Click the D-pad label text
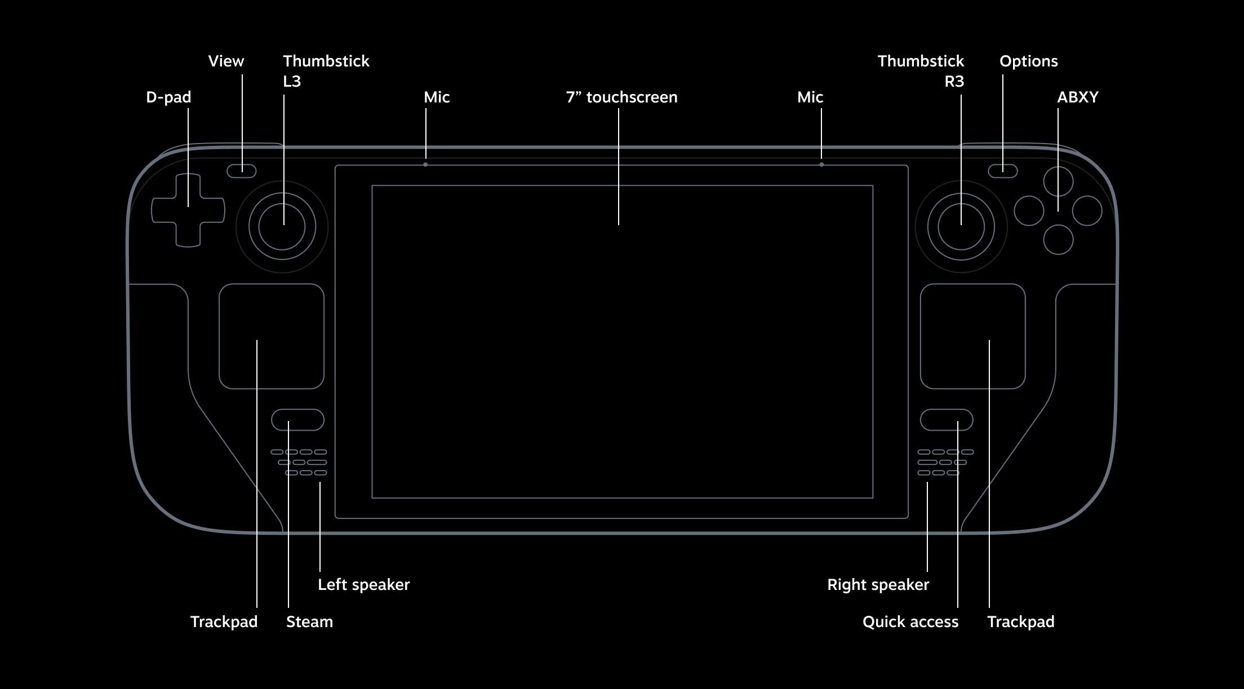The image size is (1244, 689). pyautogui.click(x=168, y=97)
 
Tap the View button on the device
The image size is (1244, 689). pyautogui.click(x=242, y=171)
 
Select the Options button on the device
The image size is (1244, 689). pyautogui.click(x=1002, y=171)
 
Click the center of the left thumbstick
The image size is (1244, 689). pyautogui.click(x=282, y=226)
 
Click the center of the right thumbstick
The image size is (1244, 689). pyautogui.click(x=961, y=226)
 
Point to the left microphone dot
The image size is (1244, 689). pyautogui.click(x=425, y=165)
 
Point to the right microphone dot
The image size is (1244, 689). pyautogui.click(x=821, y=165)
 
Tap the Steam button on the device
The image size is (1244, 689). pyautogui.click(x=297, y=420)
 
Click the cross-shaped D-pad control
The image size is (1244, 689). pyautogui.click(x=188, y=210)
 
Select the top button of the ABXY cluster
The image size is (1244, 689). pyautogui.click(x=1058, y=181)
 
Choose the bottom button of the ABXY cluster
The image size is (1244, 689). pyautogui.click(x=1058, y=240)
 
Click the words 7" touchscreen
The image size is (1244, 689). pyautogui.click(x=621, y=97)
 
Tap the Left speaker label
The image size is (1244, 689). pyautogui.click(x=363, y=585)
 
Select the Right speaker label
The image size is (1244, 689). pyautogui.click(x=878, y=585)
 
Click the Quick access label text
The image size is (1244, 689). pyautogui.click(x=910, y=621)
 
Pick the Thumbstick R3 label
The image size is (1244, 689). pyautogui.click(x=921, y=71)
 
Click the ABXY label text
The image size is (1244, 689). pyautogui.click(x=1077, y=97)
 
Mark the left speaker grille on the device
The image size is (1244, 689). pyautogui.click(x=299, y=462)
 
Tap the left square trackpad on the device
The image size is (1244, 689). pyautogui.click(x=272, y=336)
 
